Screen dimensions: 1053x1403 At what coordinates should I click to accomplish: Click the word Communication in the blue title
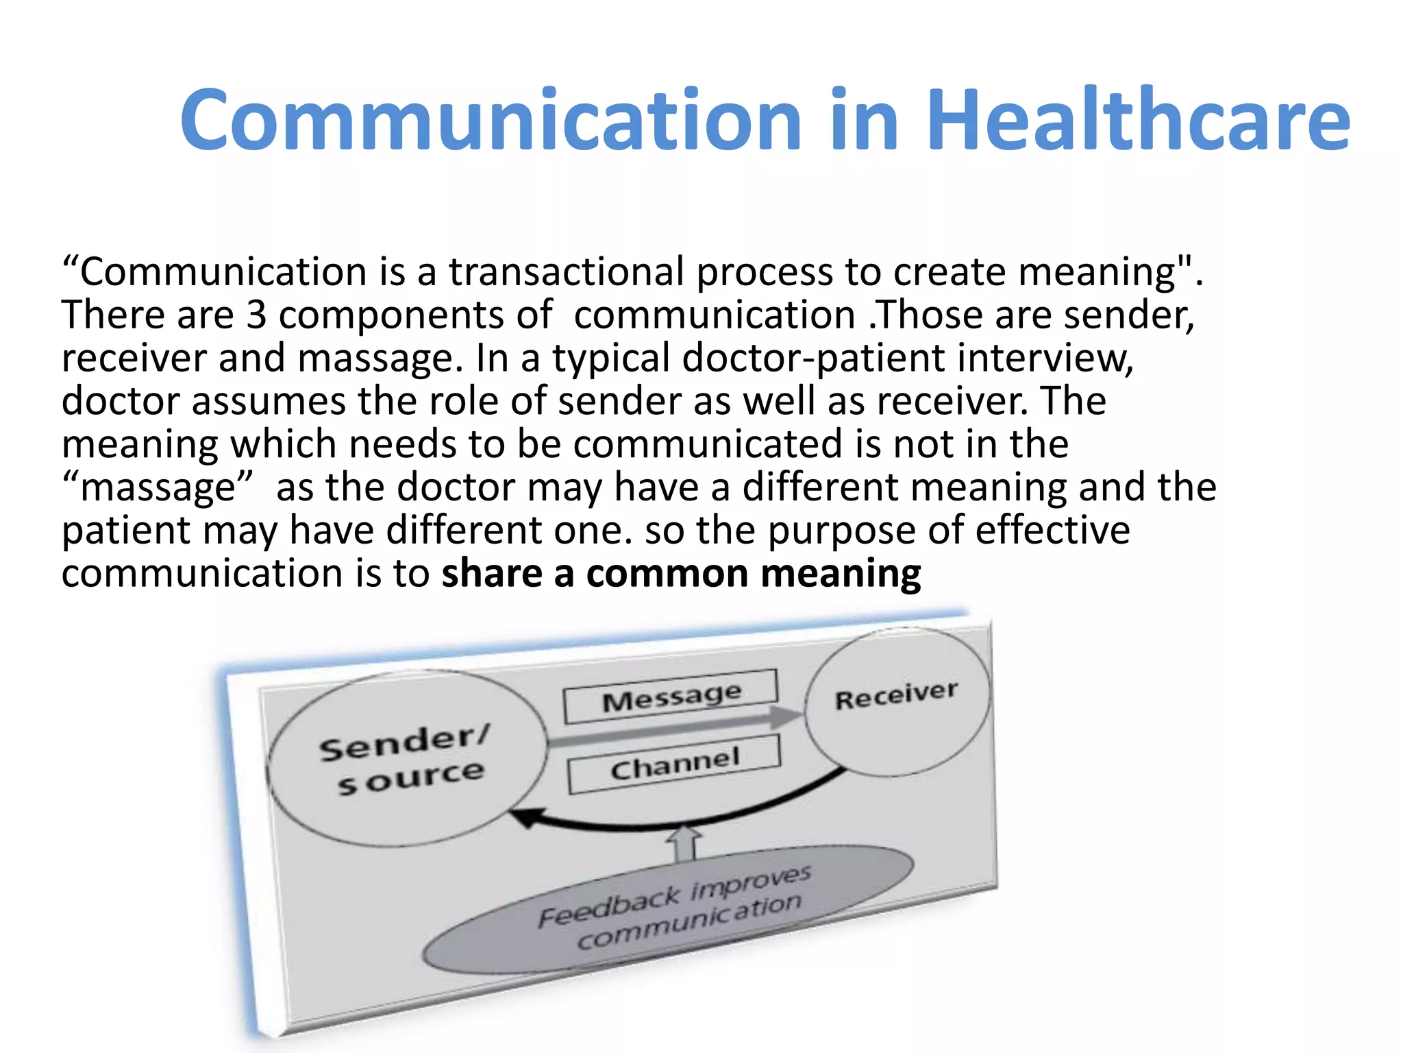pyautogui.click(x=491, y=120)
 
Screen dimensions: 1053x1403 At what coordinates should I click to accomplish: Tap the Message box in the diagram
pyautogui.click(x=671, y=697)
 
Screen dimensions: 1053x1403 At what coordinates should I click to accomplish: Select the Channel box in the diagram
pyautogui.click(x=674, y=764)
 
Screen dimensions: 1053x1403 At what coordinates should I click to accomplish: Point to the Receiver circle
pyautogui.click(x=897, y=701)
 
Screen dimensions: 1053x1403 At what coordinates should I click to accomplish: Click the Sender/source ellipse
pyautogui.click(x=407, y=758)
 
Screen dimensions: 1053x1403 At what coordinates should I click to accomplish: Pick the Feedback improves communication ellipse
pyautogui.click(x=668, y=909)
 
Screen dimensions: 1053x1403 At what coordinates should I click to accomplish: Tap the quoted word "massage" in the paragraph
pyautogui.click(x=158, y=487)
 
